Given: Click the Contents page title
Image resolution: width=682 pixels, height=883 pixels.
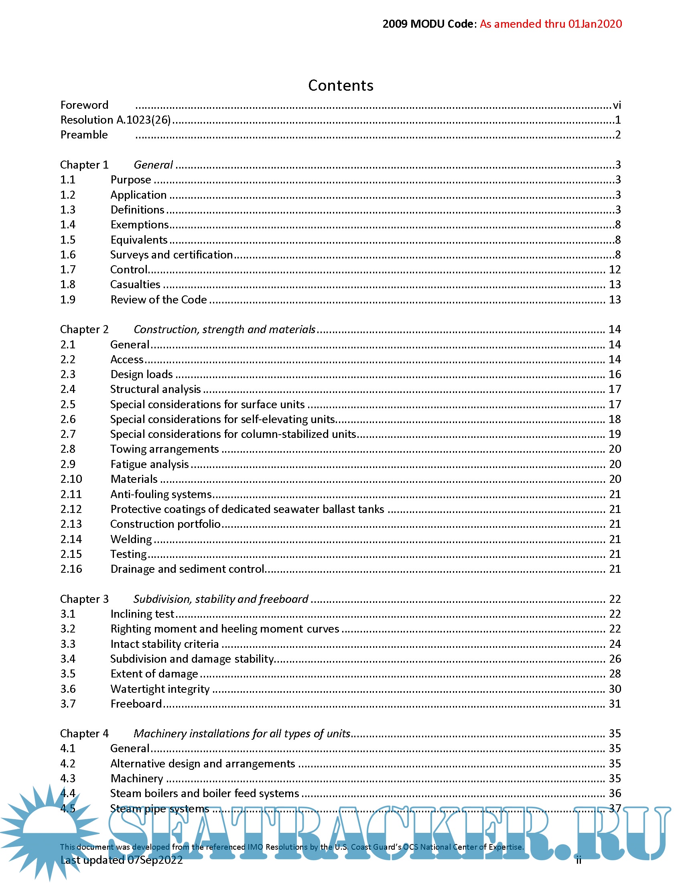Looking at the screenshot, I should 341,85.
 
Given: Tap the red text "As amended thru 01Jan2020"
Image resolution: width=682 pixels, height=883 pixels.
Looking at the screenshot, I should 551,24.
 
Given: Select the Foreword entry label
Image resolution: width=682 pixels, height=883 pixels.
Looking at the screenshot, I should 84,105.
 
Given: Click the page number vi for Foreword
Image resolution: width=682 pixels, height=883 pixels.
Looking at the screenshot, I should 617,105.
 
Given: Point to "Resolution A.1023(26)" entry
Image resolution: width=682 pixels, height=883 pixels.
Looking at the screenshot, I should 116,120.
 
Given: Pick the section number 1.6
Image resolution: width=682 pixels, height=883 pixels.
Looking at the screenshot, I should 68,255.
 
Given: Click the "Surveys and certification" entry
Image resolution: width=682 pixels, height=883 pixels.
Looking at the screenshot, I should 171,255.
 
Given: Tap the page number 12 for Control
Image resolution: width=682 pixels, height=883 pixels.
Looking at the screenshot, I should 615,270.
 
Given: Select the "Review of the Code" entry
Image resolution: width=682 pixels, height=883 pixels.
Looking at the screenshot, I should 159,299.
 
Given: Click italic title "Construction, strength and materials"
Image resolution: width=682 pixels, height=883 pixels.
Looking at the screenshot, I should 224,330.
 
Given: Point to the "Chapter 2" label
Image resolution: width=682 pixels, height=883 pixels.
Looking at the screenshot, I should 84,330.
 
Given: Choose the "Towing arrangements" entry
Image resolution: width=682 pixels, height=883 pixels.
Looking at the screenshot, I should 164,449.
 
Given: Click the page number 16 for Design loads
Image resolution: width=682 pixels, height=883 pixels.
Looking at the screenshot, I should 615,374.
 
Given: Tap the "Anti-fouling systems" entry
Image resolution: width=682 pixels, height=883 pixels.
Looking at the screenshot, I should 161,494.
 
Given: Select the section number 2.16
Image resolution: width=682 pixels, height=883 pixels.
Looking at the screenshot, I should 71,569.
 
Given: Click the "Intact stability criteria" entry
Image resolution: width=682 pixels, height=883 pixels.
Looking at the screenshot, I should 164,644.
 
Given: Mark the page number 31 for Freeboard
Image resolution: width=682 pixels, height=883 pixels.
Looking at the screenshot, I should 615,704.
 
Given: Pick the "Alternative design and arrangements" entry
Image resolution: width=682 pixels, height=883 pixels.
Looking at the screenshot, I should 203,764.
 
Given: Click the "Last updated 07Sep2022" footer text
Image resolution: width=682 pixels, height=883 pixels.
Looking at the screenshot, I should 122,860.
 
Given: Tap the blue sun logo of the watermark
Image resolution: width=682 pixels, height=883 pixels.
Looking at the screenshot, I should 49,829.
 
